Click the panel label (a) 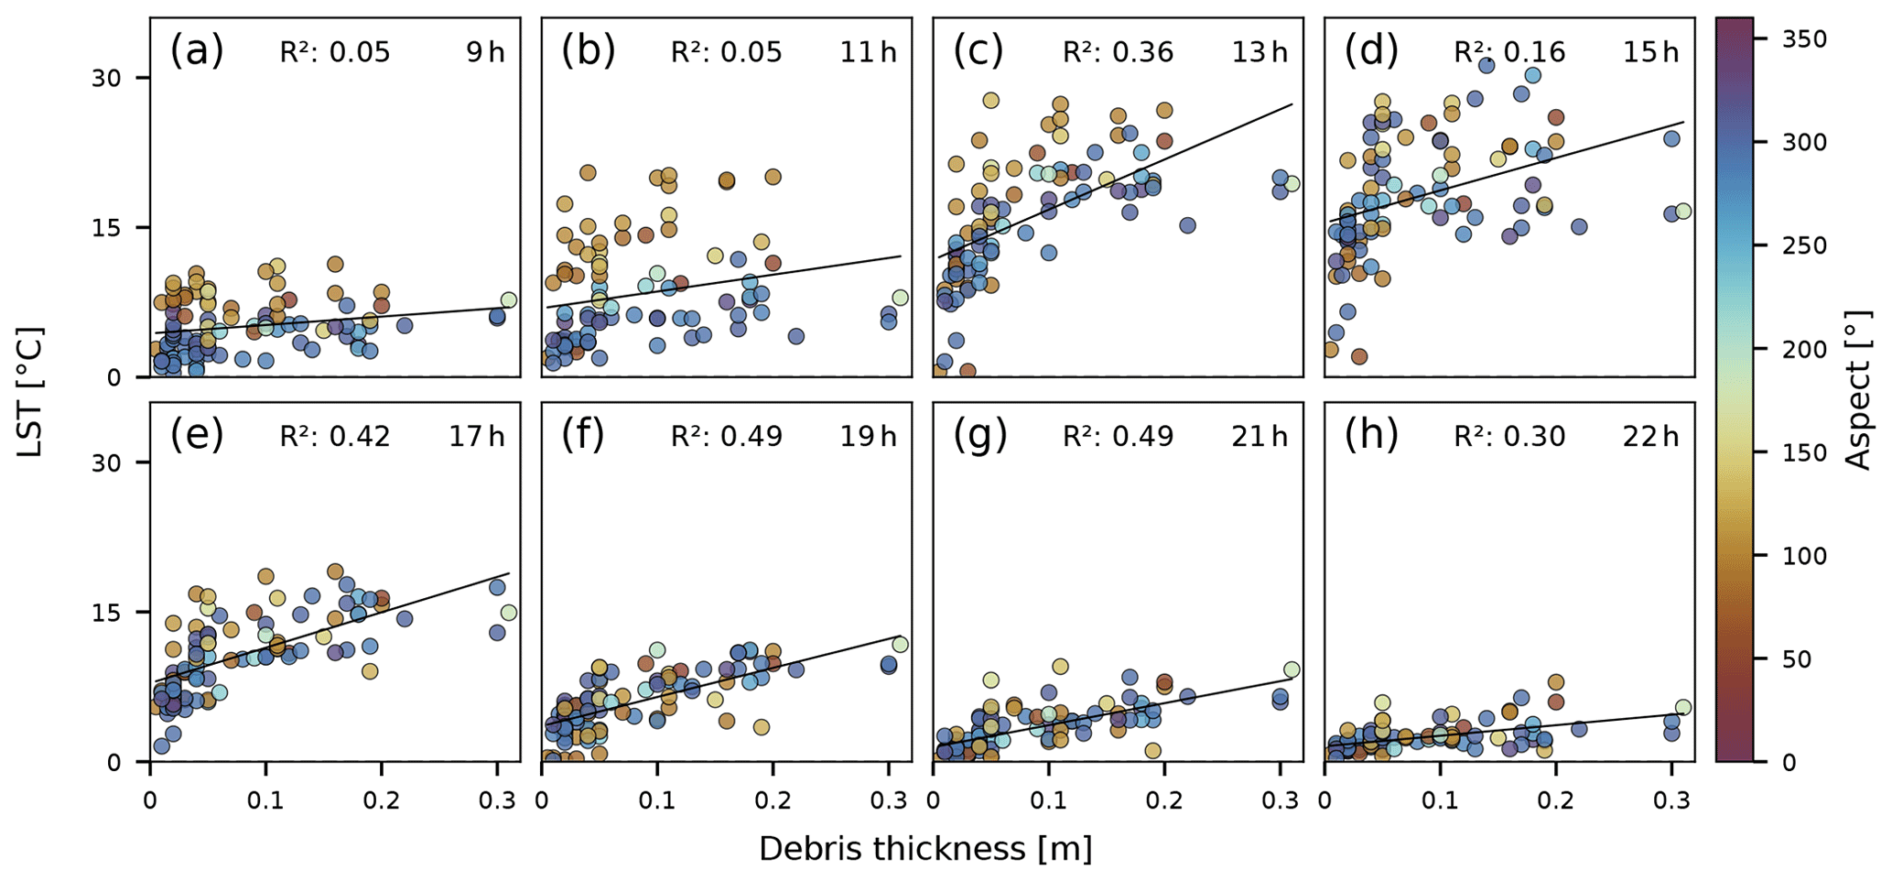pos(196,51)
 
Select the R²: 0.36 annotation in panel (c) pos(1118,52)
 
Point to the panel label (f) pos(582,436)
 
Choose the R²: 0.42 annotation pos(335,437)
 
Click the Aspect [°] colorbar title pos(1858,389)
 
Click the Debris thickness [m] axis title pos(925,849)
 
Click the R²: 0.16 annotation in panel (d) pos(1509,52)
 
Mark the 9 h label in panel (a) pos(485,52)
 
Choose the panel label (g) pos(979,436)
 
